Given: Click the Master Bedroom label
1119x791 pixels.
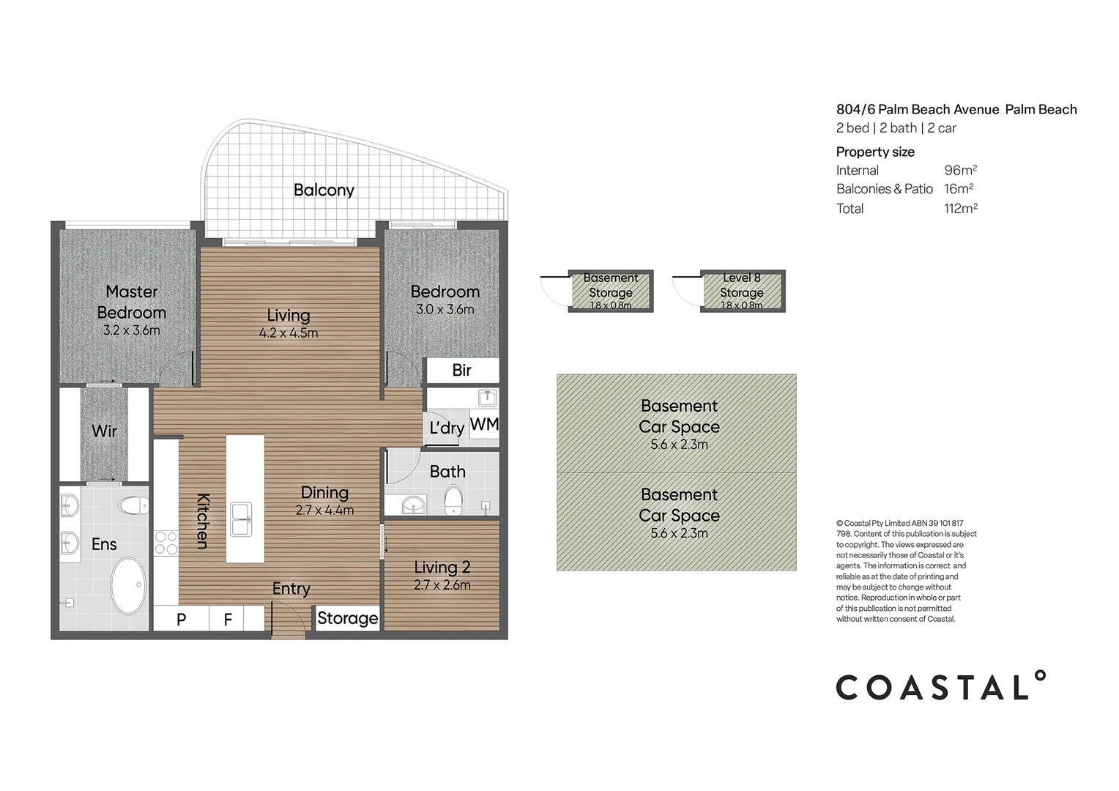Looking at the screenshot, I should (132, 302).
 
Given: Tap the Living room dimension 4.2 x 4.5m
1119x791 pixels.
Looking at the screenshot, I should (289, 333).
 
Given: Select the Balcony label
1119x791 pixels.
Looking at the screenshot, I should (324, 190).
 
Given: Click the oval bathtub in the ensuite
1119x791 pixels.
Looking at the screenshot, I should (129, 585).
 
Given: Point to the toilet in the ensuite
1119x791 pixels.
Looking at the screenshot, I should (135, 505).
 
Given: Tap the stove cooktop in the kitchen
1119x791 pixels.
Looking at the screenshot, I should (166, 543).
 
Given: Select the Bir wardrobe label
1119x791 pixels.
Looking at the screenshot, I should (461, 371).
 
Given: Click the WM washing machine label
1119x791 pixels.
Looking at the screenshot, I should (484, 425).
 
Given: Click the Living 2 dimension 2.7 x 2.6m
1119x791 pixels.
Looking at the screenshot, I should (442, 585).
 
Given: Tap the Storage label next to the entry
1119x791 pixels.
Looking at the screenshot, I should (347, 618).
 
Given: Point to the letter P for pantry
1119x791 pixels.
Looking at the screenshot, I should (182, 620).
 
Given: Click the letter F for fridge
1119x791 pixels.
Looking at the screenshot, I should (228, 620).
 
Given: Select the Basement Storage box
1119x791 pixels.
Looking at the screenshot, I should (611, 291).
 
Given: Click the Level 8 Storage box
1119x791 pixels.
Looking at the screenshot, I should (742, 291).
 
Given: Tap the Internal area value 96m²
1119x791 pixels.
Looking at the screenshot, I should (960, 171).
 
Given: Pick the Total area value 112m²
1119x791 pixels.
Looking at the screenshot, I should (960, 209).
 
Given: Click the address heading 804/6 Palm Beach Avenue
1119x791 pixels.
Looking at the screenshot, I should (918, 110).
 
